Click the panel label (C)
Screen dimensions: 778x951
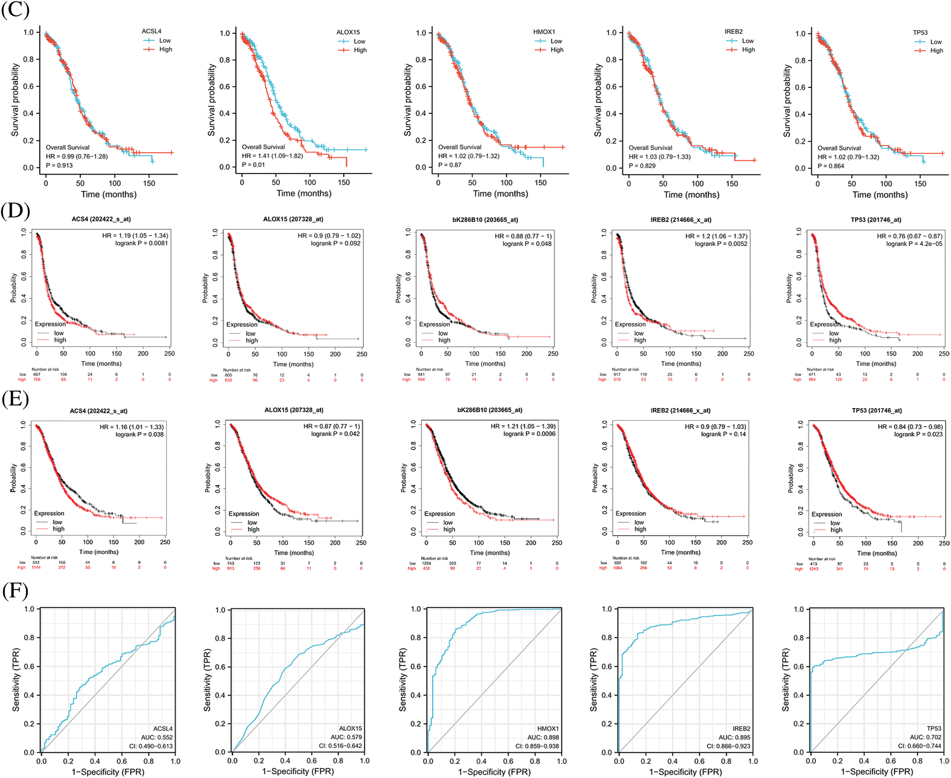[15, 10]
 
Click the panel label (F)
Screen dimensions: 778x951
[15, 591]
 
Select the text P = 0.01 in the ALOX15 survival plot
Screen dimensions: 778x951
[253, 165]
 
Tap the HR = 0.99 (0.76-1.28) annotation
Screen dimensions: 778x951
[77, 156]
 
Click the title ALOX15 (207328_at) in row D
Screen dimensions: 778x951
[293, 219]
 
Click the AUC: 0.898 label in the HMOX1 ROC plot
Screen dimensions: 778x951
[543, 737]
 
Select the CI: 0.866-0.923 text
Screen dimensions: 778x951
[728, 746]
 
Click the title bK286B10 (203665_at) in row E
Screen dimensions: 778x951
[490, 410]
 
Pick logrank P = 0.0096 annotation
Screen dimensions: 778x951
[529, 434]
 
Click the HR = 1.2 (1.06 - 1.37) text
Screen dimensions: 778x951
[716, 236]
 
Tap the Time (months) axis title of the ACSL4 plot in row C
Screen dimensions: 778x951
[108, 194]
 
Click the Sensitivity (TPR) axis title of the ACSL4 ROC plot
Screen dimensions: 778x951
[16, 680]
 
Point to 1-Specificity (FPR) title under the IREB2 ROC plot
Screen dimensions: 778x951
[685, 772]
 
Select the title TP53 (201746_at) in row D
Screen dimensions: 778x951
[876, 219]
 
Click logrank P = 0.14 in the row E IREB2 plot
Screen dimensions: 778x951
[723, 434]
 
